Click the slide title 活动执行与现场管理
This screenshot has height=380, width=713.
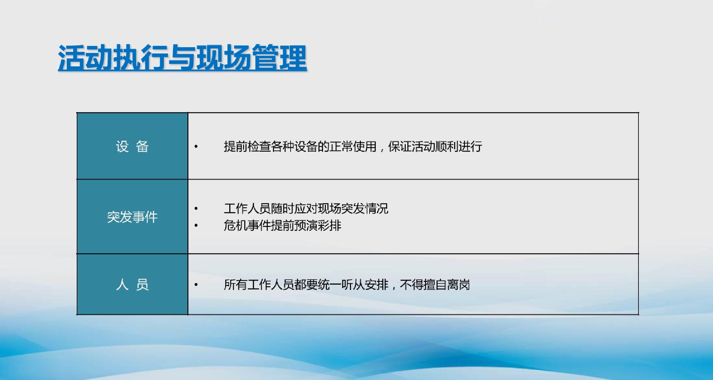(x=182, y=57)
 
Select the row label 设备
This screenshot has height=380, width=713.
(x=132, y=147)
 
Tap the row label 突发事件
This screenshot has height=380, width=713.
(x=132, y=217)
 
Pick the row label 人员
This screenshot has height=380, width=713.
(x=132, y=285)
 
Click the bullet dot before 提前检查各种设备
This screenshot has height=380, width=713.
(x=196, y=147)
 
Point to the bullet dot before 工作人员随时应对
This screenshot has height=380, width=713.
(x=196, y=209)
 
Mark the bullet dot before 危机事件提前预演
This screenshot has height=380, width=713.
(x=196, y=225)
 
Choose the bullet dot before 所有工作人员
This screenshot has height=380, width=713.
(x=196, y=285)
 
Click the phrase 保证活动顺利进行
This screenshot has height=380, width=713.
(x=435, y=147)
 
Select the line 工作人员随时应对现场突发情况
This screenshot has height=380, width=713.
(x=306, y=209)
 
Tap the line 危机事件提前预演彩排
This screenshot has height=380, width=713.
(x=282, y=226)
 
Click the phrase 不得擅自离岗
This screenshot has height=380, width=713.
(x=435, y=285)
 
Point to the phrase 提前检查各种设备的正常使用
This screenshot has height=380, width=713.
(x=300, y=147)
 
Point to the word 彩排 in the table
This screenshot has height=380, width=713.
(x=330, y=226)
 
